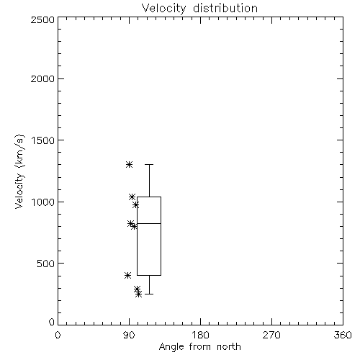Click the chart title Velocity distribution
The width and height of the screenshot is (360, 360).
click(x=199, y=9)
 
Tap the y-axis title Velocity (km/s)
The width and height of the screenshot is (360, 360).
click(x=19, y=171)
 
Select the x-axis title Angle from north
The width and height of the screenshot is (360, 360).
click(x=199, y=347)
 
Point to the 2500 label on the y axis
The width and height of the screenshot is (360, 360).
click(x=42, y=19)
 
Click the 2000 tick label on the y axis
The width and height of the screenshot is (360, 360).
click(x=42, y=78)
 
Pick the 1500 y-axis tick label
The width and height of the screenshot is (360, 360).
click(x=43, y=140)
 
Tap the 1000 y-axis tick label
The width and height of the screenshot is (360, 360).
click(x=43, y=202)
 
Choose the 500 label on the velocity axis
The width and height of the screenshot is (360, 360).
click(x=46, y=264)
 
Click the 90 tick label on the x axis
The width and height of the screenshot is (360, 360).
click(x=129, y=335)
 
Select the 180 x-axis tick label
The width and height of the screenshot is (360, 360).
click(x=200, y=335)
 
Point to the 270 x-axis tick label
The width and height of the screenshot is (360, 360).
click(x=271, y=335)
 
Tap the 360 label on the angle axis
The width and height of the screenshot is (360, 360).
click(x=343, y=335)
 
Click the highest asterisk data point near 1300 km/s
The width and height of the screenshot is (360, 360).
click(x=130, y=164)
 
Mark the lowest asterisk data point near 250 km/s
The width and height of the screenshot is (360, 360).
click(x=138, y=294)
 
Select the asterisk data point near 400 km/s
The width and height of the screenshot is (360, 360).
click(x=128, y=275)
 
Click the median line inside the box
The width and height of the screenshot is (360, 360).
click(x=149, y=223)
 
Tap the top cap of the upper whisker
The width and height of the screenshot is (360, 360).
click(x=149, y=164)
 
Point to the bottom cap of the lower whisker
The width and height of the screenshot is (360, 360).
click(x=149, y=294)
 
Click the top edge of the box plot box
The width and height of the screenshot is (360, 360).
click(x=149, y=197)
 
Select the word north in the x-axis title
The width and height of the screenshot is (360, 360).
click(x=229, y=346)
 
